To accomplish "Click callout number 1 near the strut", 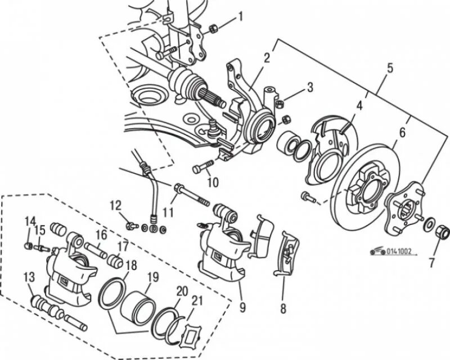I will click(x=240, y=16).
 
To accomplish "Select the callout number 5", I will click(x=390, y=69).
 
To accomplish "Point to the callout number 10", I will click(x=212, y=182).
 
